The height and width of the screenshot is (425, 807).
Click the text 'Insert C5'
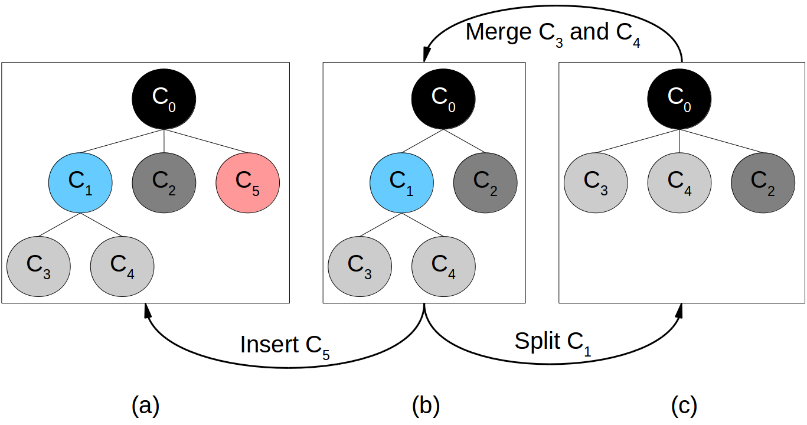(285, 345)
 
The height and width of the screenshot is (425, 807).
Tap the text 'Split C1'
(553, 342)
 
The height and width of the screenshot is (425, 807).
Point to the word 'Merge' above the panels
(498, 32)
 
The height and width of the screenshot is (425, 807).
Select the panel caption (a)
(146, 406)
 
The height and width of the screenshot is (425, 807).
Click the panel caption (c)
(684, 406)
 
